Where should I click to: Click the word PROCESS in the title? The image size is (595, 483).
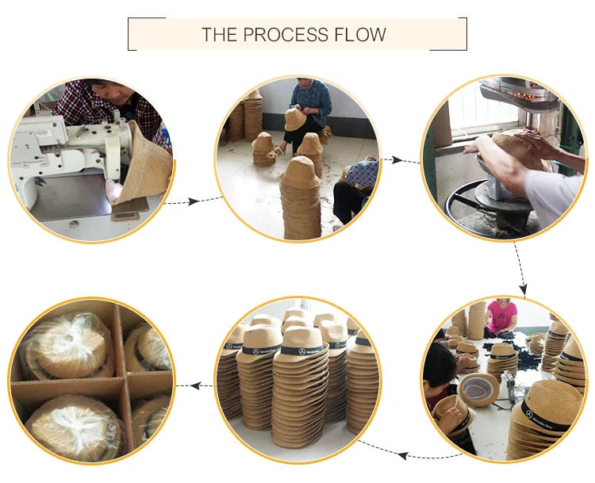(286, 35)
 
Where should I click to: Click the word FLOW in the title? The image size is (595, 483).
(360, 35)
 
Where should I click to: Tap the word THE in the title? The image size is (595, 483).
(219, 35)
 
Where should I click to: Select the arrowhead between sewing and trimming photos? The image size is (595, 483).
(194, 201)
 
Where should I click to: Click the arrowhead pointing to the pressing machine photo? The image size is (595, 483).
(397, 160)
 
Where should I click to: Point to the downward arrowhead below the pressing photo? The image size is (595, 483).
(524, 289)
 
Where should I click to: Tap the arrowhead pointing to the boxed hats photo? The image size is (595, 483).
(195, 386)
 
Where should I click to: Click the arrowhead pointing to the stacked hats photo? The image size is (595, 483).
(402, 455)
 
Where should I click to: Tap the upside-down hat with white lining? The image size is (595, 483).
(479, 389)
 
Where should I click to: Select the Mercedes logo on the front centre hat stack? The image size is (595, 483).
(302, 351)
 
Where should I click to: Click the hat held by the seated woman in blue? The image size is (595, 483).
(294, 120)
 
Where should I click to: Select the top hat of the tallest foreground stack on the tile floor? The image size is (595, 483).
(301, 173)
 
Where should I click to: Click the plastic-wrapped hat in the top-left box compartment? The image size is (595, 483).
(67, 346)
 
